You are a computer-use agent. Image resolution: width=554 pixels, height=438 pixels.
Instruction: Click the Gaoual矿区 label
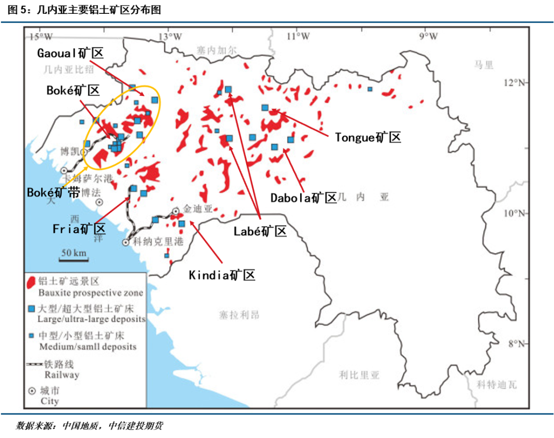click(x=71, y=53)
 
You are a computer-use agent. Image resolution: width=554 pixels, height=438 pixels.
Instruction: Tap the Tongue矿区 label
click(x=367, y=137)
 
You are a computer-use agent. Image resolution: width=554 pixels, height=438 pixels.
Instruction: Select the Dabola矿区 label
click(x=303, y=198)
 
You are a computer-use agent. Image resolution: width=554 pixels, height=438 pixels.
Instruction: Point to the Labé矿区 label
click(x=260, y=231)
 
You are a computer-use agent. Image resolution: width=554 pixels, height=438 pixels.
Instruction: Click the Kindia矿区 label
click(x=222, y=275)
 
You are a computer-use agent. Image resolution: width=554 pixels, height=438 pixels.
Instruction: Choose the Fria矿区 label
click(x=79, y=229)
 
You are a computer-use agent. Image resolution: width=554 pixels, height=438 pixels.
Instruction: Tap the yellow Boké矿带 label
click(x=53, y=193)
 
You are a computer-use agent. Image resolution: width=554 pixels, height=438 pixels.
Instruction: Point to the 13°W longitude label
click(x=170, y=36)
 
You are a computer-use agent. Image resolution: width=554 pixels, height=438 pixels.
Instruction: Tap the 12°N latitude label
click(x=515, y=82)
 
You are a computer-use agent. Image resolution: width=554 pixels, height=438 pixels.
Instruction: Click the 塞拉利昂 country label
click(x=239, y=314)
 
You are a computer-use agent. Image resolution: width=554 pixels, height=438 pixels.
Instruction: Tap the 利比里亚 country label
click(x=359, y=376)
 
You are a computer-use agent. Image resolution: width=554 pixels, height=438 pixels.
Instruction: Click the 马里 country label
click(x=484, y=65)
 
